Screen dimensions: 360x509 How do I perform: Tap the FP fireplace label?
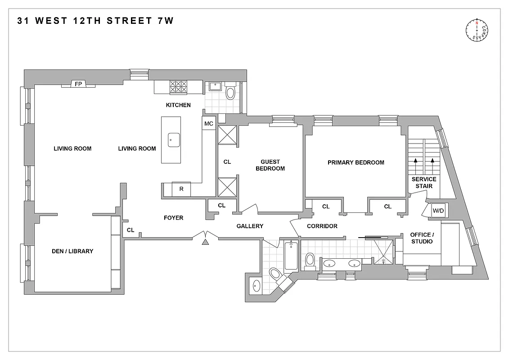click(78, 84)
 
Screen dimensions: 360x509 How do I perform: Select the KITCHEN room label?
click(178, 105)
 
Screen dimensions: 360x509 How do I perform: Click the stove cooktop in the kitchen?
click(178, 86)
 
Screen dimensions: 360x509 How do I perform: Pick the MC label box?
click(208, 123)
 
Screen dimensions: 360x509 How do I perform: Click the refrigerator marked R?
click(181, 189)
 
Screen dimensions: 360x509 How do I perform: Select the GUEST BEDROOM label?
click(270, 165)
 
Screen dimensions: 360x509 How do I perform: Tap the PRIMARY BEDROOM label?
click(356, 162)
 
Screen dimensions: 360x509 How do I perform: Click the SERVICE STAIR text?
click(423, 182)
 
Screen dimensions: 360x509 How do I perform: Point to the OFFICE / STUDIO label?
click(421, 238)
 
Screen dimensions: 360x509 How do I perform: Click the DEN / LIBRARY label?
click(72, 251)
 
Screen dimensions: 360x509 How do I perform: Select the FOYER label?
click(173, 218)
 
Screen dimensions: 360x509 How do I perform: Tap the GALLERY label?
click(250, 226)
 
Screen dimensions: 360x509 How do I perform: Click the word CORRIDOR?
click(322, 226)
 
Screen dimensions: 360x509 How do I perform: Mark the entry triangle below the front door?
click(206, 243)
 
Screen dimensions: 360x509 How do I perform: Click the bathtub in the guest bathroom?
click(291, 256)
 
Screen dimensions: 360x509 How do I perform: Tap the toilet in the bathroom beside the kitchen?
click(230, 93)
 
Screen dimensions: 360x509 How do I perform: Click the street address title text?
click(95, 21)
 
